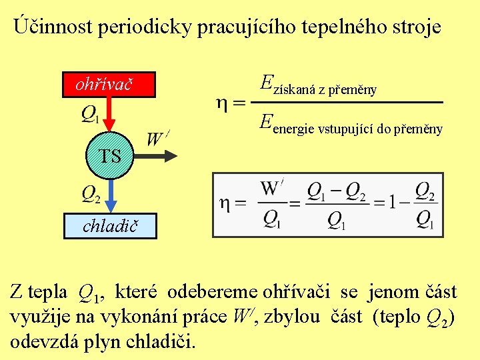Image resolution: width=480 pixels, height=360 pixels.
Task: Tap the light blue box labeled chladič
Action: [110, 227]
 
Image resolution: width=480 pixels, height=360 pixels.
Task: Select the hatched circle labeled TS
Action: [110, 156]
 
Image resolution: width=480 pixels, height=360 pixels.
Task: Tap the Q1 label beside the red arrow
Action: [91, 115]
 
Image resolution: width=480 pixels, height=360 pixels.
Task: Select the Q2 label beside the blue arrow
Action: [91, 194]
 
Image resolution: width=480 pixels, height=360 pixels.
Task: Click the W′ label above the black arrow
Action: [157, 139]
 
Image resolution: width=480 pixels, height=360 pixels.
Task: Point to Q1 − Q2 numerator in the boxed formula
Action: [336, 191]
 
